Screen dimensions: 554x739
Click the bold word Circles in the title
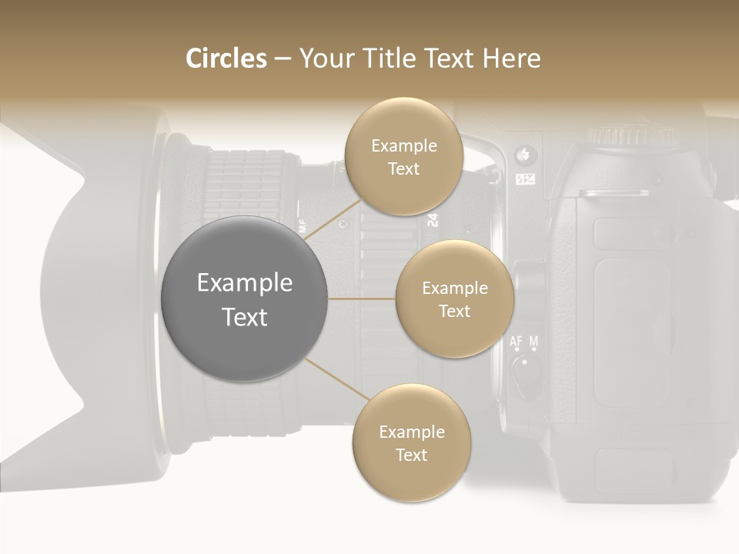226,58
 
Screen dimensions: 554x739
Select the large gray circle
245,299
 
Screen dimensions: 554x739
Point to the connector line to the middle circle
362,299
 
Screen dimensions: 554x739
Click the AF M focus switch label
524,341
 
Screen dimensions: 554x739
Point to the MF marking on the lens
302,226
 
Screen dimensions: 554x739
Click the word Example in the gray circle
245,283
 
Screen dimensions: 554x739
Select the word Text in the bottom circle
411,456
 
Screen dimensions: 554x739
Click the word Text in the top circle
403,169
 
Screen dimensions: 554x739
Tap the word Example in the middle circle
454,289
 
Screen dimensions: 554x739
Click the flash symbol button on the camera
527,155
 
